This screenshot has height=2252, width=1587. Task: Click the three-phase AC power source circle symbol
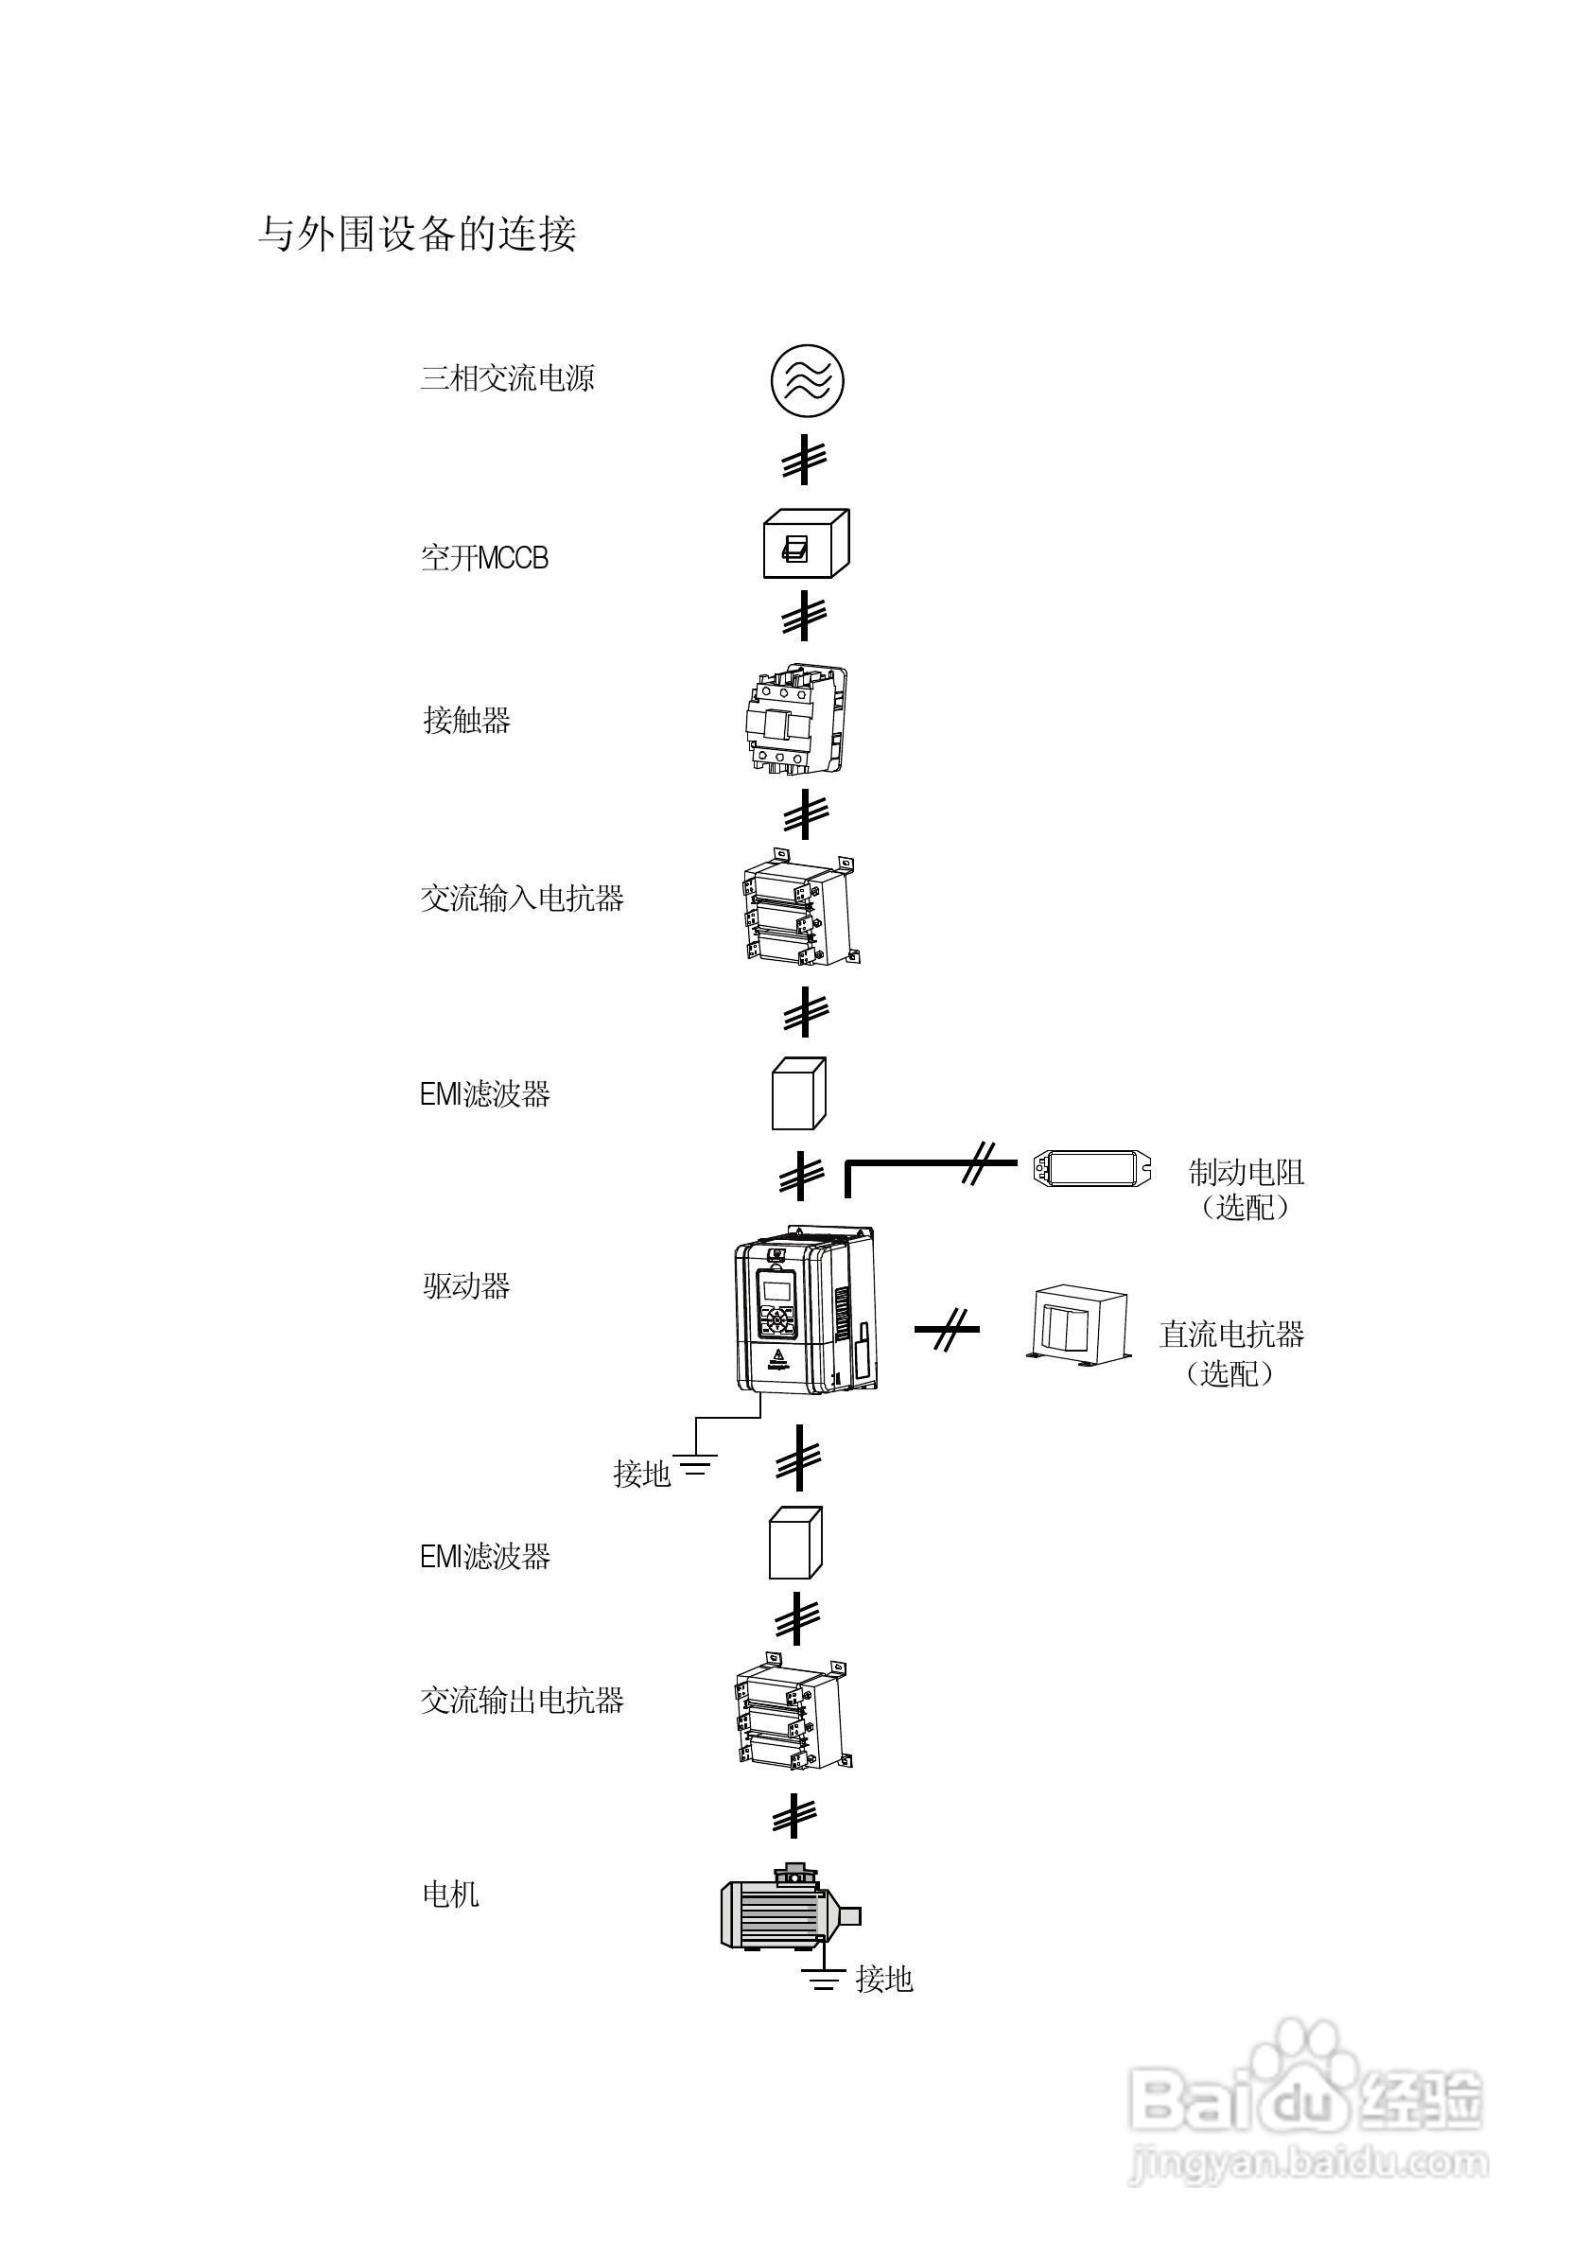coord(806,380)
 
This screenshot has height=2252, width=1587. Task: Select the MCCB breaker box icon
coord(805,544)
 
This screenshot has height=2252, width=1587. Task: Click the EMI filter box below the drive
coord(794,1543)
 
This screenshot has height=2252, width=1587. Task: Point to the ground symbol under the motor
coord(824,1980)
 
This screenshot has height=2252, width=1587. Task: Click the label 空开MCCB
coord(484,558)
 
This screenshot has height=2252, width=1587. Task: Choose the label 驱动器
coord(466,1286)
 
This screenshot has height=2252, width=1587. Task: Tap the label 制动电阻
coord(1246,1172)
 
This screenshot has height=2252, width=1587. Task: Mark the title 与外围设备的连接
coord(417,235)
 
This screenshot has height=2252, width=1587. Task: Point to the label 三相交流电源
coord(507,378)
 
